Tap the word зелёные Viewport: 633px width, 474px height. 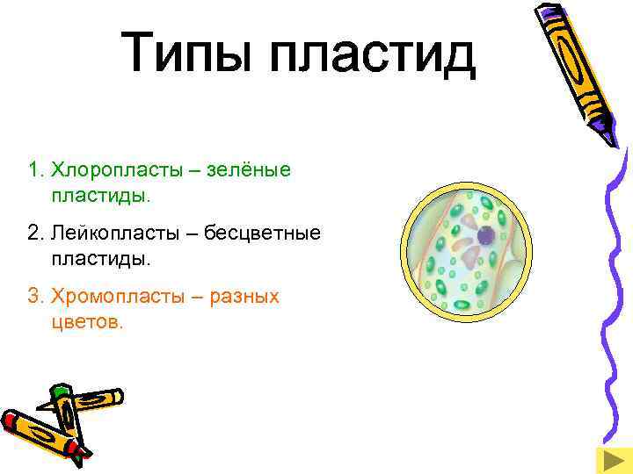(248, 168)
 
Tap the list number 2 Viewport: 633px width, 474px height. (33, 233)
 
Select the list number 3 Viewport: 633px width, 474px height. (33, 297)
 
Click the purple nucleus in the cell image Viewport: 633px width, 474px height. (484, 235)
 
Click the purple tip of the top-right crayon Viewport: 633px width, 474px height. (612, 137)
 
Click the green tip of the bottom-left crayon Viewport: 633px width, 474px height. (60, 389)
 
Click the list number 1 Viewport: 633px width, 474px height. (33, 168)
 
